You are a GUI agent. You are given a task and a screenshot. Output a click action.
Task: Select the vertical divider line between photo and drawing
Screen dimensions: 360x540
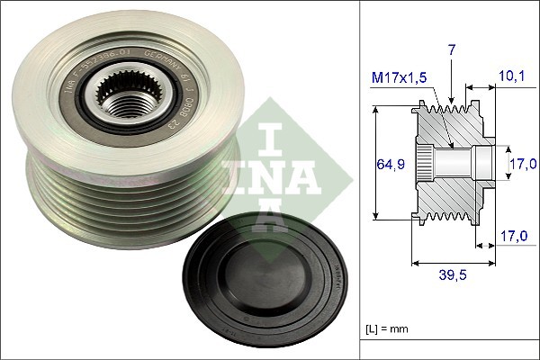[x=360, y=180]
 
